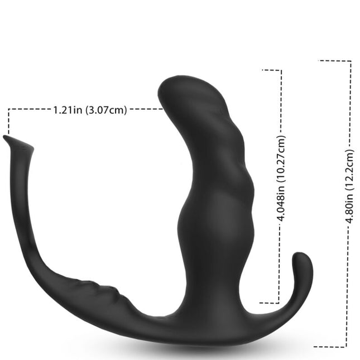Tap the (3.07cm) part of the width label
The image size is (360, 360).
tap(105, 110)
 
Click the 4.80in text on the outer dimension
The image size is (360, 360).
tap(350, 207)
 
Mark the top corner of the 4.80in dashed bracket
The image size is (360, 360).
tap(351, 61)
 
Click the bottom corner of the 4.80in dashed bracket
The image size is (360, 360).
tap(351, 346)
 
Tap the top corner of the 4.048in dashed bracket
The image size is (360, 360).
tap(281, 70)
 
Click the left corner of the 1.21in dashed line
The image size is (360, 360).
tap(9, 110)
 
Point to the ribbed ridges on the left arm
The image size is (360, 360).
tap(103, 286)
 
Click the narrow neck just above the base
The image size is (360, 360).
tap(215, 290)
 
